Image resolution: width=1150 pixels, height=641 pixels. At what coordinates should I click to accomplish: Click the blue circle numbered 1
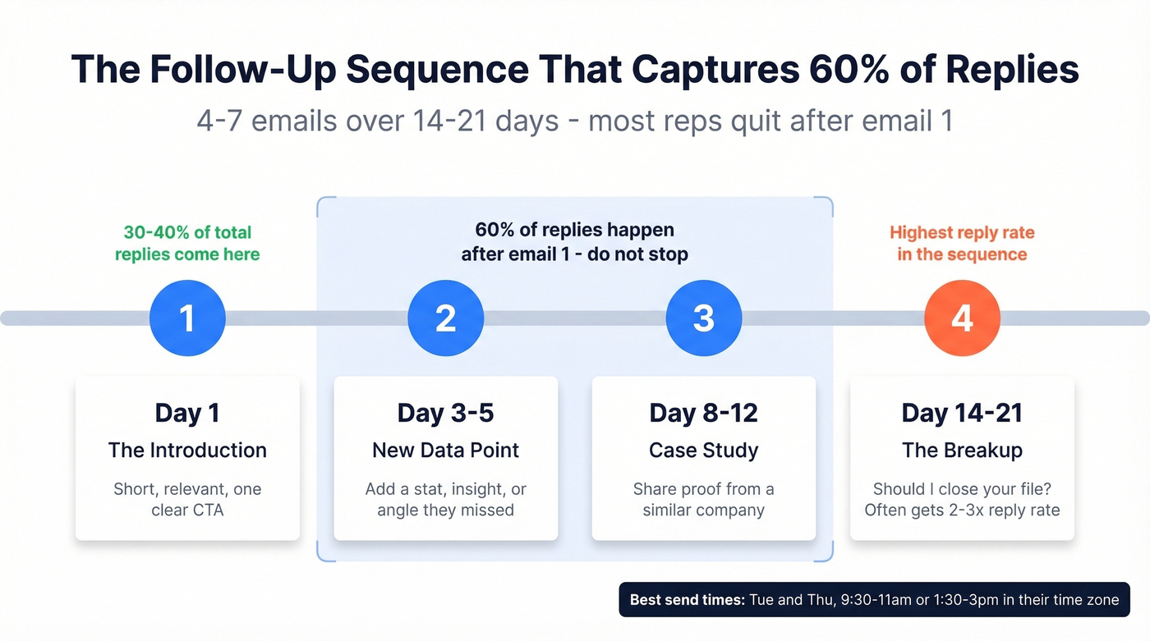(187, 318)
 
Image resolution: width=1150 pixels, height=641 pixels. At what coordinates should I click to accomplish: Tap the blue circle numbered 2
(445, 318)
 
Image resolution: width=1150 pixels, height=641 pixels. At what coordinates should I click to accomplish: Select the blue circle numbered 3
(704, 318)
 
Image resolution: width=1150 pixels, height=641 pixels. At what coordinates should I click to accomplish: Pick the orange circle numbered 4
(962, 318)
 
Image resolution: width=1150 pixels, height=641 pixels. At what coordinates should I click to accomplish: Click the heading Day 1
(187, 413)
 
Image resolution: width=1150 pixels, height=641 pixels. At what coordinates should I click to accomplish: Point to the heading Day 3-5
(445, 413)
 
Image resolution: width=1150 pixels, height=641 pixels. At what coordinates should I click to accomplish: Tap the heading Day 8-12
(704, 413)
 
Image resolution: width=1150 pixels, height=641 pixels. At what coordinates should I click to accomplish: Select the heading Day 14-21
(962, 413)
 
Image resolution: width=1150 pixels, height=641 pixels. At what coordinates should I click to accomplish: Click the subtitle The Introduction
(187, 450)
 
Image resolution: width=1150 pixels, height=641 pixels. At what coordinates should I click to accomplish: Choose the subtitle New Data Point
(445, 450)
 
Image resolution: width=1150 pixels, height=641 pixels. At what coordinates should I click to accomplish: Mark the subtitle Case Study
(704, 450)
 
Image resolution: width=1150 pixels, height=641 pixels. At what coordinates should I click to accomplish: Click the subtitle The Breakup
(962, 450)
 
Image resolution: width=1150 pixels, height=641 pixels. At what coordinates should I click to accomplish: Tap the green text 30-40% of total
(187, 232)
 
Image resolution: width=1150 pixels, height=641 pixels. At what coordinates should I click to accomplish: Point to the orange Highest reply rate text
(962, 232)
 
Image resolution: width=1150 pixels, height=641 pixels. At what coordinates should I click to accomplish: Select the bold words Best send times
(687, 600)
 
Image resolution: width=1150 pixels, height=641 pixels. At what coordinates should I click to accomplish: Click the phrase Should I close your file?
(962, 489)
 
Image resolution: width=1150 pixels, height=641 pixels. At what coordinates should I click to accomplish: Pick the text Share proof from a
(704, 489)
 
